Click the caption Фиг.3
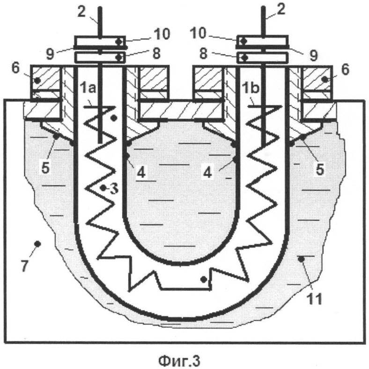click(179, 360)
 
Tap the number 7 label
click(25, 266)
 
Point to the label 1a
click(88, 88)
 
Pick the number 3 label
click(114, 189)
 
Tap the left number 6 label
click(15, 68)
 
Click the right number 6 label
click(345, 70)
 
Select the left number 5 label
click(45, 167)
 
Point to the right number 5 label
click(320, 169)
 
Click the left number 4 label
click(141, 173)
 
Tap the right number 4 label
click(207, 173)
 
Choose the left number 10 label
click(162, 34)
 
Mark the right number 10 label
click(198, 33)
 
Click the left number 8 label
click(156, 53)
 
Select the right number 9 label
click(313, 55)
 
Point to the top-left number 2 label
click(81, 12)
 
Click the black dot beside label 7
click(37, 244)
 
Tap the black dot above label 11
click(301, 259)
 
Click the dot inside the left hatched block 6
click(37, 80)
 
